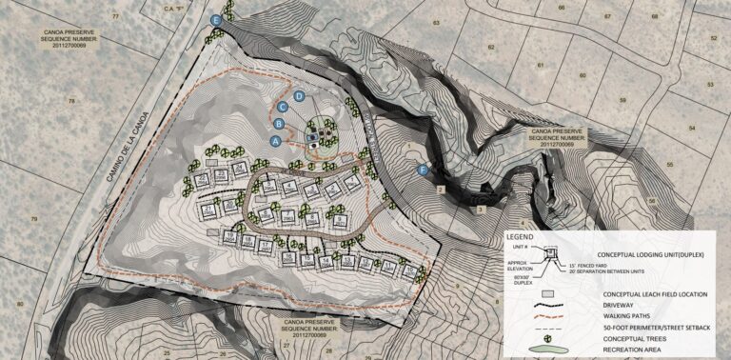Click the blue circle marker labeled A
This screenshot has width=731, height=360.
point(277,140)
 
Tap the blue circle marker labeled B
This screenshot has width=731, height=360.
point(279,124)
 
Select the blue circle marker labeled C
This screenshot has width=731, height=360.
point(284,108)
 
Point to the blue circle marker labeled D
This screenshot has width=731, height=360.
point(299,96)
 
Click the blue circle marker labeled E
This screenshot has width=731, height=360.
point(217,19)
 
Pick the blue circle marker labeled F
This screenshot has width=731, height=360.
point(424,170)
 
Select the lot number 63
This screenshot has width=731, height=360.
point(437,21)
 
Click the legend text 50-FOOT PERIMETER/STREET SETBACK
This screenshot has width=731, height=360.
point(656,328)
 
